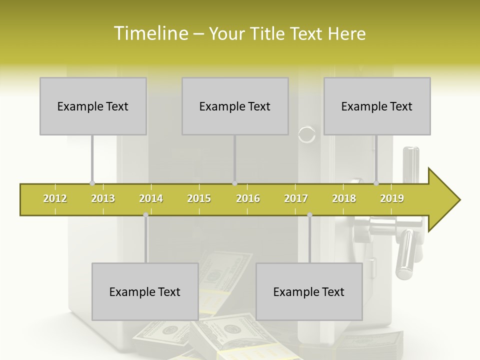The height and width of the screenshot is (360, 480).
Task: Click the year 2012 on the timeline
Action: click(x=55, y=198)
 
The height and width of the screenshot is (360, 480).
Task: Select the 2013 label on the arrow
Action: click(x=103, y=198)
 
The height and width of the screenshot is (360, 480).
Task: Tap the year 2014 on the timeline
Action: click(x=151, y=198)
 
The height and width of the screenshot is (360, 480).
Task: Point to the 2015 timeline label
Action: click(x=199, y=198)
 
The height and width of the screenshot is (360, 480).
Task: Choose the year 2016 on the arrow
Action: click(x=248, y=198)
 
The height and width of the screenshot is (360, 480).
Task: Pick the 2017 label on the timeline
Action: click(x=296, y=198)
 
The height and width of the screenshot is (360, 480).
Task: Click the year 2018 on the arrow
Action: click(x=344, y=198)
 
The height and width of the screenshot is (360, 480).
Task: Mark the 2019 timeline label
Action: click(x=392, y=198)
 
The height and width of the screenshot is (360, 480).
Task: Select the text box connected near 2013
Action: click(x=93, y=106)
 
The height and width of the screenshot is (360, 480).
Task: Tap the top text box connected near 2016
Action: click(x=235, y=106)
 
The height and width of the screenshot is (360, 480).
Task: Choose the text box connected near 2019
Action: click(x=377, y=106)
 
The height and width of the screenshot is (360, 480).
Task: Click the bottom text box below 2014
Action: click(x=145, y=292)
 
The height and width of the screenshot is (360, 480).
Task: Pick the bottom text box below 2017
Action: click(x=309, y=292)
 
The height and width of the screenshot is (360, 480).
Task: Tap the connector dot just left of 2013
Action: click(x=92, y=183)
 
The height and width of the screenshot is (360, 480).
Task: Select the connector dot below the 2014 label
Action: click(x=145, y=215)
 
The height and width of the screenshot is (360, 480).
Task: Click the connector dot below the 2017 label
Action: click(x=309, y=215)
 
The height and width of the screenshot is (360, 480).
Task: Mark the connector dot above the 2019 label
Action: click(x=376, y=183)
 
